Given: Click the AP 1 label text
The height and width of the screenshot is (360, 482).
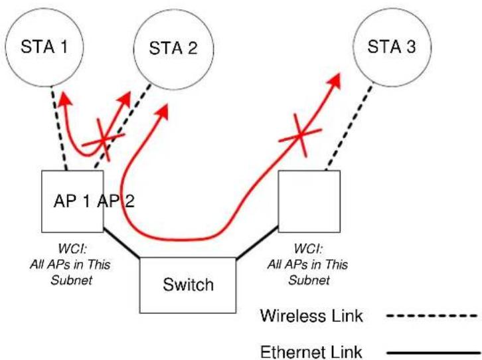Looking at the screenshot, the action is tap(72, 201).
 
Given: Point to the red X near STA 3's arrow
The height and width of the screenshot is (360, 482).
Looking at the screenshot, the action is tap(300, 135).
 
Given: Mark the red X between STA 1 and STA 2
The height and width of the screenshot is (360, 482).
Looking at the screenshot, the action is tap(104, 140).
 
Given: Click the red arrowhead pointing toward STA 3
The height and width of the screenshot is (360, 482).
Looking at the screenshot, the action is tap(335, 80).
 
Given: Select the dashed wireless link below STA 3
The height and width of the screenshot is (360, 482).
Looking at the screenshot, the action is tap(349, 128).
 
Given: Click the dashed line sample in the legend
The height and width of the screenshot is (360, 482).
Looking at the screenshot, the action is tap(432, 315).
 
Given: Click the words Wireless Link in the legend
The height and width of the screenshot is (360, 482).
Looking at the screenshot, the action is tap(311, 315).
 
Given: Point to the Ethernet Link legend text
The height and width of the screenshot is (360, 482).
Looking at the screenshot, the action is tap(311, 352).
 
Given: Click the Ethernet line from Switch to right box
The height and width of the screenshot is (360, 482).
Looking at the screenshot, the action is tap(258, 243).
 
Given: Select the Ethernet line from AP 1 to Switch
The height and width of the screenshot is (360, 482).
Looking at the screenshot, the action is tap(121, 242).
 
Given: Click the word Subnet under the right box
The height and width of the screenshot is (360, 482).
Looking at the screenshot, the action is tap(309, 280).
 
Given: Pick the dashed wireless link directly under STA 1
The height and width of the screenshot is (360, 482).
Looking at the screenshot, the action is tap(58, 128).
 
